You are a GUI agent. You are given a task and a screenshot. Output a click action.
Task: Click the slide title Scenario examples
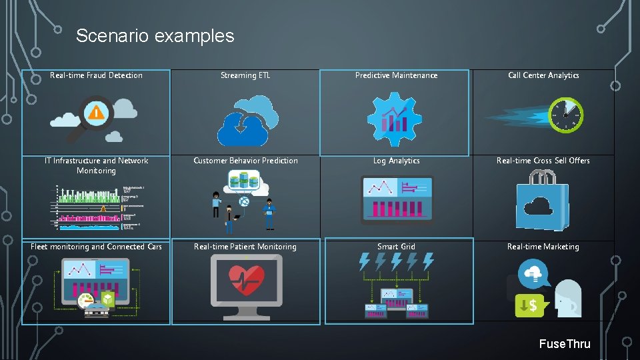coord(155,35)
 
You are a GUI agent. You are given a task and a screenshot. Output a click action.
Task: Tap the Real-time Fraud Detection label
coord(96,75)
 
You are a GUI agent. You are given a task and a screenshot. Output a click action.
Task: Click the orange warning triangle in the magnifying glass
coord(97,113)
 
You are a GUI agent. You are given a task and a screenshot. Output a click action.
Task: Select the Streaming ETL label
coord(245,75)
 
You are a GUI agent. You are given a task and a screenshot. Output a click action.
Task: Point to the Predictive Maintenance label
coord(396,75)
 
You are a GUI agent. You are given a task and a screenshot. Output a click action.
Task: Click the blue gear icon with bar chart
coord(395,119)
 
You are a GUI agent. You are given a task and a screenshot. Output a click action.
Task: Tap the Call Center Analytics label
coord(543,75)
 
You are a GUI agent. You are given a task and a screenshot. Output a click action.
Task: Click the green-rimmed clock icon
coord(566,115)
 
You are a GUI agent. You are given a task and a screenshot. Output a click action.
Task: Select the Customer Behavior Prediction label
coord(245,161)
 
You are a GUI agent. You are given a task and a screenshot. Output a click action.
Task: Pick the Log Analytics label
coord(396,161)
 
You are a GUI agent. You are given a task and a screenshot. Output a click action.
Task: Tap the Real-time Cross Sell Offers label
coord(543,161)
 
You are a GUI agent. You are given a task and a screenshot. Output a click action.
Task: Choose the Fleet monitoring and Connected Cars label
coord(96,247)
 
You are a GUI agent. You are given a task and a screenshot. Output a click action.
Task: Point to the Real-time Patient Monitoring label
coord(245,247)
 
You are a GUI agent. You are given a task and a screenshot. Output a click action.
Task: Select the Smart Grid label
coord(396,247)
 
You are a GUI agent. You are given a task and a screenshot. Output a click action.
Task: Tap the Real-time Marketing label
coord(543,247)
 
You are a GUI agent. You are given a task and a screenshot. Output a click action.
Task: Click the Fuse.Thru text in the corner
coord(565,344)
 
